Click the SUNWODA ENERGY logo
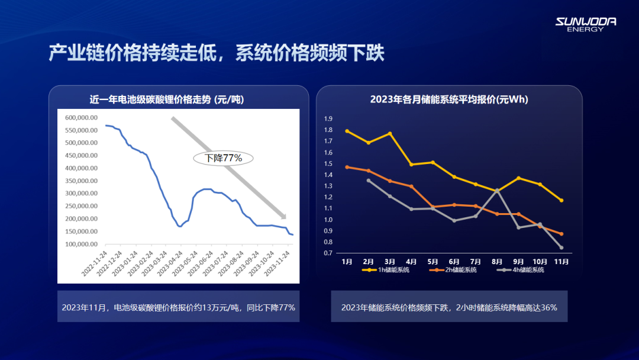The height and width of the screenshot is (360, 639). pyautogui.click(x=585, y=24)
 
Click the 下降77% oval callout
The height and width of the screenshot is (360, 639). pyautogui.click(x=224, y=158)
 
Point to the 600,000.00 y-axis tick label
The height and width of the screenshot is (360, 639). pyautogui.click(x=81, y=117)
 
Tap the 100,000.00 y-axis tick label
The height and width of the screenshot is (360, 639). pyautogui.click(x=81, y=244)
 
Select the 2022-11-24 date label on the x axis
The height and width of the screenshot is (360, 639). pyautogui.click(x=94, y=264)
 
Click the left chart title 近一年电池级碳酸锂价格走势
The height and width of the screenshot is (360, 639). pyautogui.click(x=166, y=99)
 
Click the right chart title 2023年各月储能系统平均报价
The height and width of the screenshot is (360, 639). pyautogui.click(x=449, y=99)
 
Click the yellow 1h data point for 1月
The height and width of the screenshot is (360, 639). pyautogui.click(x=347, y=131)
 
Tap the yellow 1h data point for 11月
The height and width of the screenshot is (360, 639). pyautogui.click(x=561, y=200)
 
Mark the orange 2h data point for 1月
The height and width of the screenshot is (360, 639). pyautogui.click(x=347, y=167)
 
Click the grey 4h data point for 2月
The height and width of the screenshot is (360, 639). pyautogui.click(x=369, y=181)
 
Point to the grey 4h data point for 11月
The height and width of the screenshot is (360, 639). pyautogui.click(x=561, y=247)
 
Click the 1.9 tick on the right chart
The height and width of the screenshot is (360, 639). pyautogui.click(x=328, y=118)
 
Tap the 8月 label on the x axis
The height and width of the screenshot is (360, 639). pyautogui.click(x=497, y=261)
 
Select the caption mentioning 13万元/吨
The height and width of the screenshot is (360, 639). pyautogui.click(x=178, y=307)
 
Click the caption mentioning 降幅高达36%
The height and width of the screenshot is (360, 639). pyautogui.click(x=449, y=307)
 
